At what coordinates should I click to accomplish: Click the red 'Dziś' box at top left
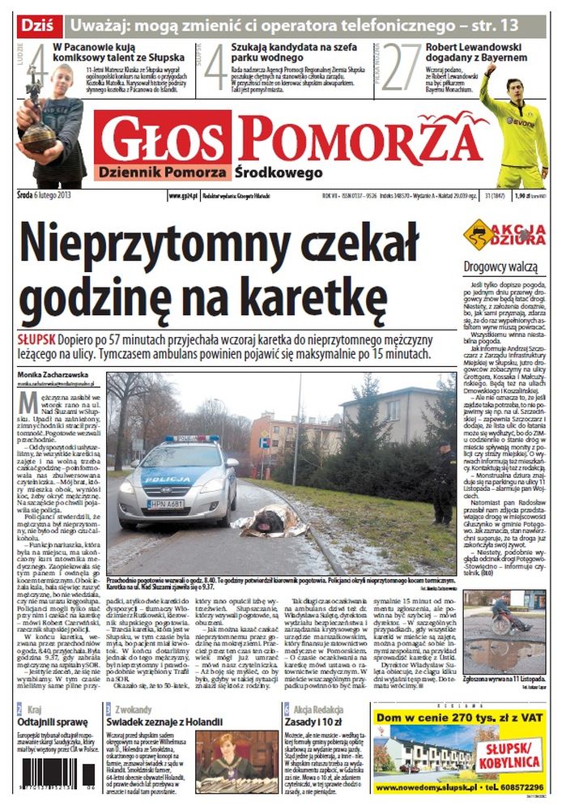(36, 24)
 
